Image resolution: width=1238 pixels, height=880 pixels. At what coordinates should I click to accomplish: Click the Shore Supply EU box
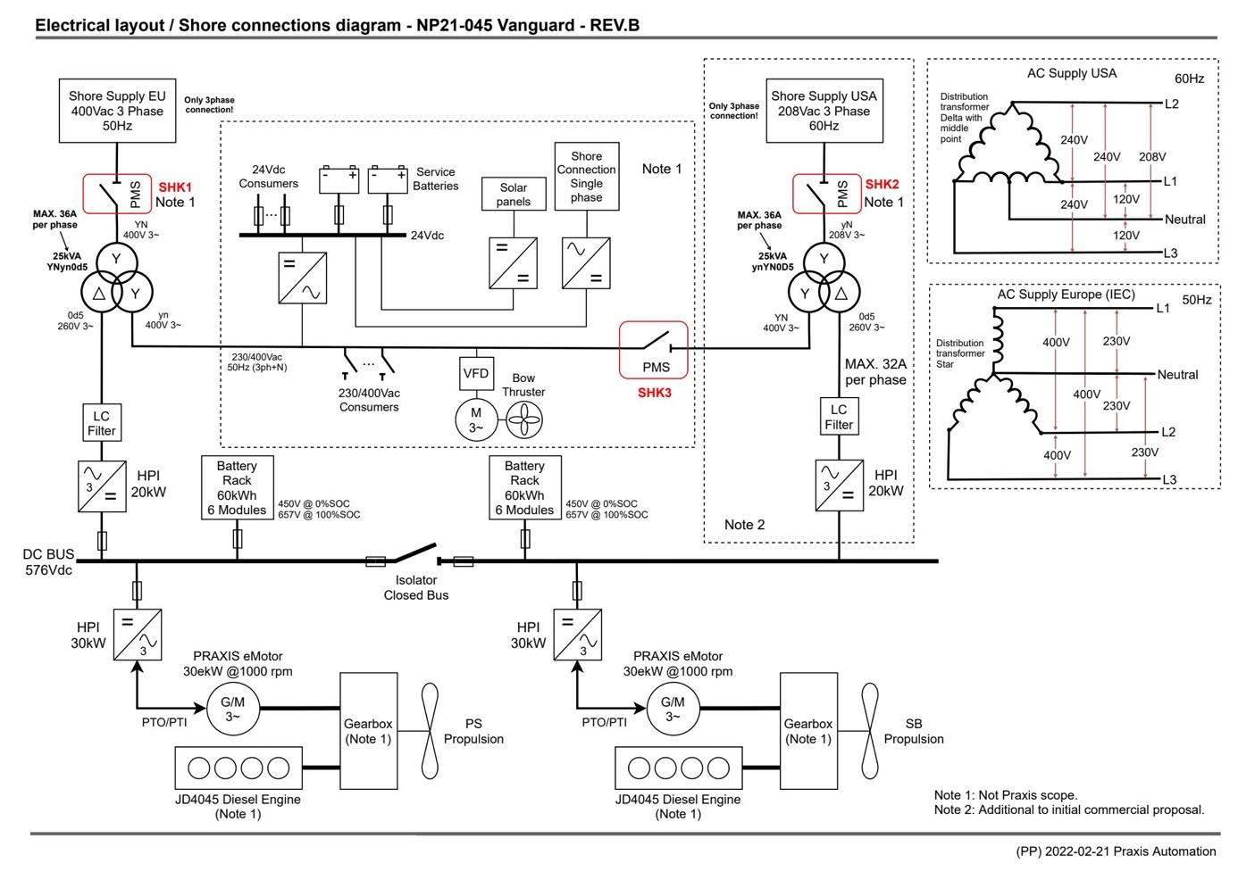117,111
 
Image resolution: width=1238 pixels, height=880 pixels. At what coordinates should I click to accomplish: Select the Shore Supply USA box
824,111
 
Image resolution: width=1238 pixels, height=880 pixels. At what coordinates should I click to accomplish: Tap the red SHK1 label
175,187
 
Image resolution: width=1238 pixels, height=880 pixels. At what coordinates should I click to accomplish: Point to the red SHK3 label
655,393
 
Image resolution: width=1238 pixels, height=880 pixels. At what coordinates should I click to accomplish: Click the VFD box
476,373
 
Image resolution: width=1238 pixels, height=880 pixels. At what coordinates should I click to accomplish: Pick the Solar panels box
514,194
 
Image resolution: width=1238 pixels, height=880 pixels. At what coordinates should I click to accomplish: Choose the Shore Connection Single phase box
586,176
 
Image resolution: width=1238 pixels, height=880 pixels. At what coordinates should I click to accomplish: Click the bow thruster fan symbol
524,420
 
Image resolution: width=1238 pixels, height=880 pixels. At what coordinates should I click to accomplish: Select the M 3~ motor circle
476,420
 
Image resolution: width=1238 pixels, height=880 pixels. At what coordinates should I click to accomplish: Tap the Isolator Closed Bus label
416,587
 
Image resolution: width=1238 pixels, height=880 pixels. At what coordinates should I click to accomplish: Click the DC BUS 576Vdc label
48,562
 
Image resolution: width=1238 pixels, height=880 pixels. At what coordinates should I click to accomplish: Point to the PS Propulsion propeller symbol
430,731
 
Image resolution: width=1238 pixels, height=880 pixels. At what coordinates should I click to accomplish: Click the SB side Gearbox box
808,731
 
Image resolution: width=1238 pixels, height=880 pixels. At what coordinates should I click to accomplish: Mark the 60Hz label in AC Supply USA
1190,79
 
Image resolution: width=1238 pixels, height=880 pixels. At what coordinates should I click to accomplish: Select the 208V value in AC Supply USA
1152,157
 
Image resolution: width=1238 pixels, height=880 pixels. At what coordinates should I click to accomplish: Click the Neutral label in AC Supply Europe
1178,374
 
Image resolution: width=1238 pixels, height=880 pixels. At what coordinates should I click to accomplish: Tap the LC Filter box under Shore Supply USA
839,417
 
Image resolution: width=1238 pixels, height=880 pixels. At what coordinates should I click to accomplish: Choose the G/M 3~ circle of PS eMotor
232,709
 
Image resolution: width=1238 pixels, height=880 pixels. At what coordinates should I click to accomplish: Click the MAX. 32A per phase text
875,371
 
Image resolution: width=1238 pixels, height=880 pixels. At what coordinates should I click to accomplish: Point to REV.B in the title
615,25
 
